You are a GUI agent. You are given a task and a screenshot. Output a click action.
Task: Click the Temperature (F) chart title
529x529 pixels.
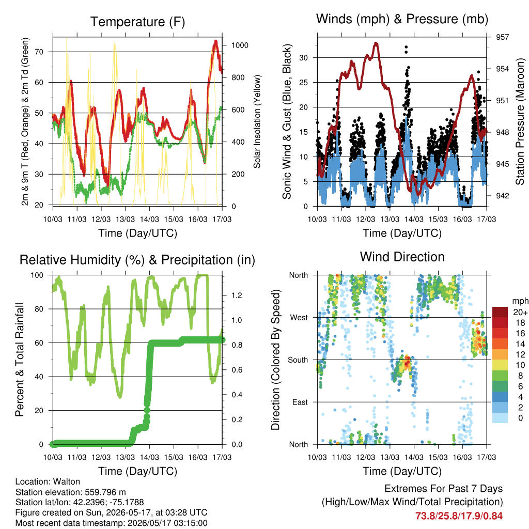(x=137, y=22)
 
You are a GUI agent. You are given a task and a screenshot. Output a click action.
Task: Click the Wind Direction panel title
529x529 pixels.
(x=402, y=257)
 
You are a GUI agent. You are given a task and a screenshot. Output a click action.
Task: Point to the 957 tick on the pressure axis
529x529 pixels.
(x=502, y=37)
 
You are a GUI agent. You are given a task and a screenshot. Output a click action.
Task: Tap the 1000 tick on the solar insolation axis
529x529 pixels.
(x=240, y=45)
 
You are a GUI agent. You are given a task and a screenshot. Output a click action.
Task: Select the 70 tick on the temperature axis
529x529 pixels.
(x=39, y=52)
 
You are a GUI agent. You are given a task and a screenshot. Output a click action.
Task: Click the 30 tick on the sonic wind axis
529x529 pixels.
(x=303, y=58)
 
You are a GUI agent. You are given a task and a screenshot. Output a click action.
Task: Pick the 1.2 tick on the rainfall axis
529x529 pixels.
(x=237, y=295)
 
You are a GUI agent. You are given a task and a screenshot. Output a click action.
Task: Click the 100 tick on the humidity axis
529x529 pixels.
(x=37, y=275)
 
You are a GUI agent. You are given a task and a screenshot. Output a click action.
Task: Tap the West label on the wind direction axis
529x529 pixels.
(x=299, y=318)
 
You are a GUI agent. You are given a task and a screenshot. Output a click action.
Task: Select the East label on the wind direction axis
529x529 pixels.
(x=300, y=402)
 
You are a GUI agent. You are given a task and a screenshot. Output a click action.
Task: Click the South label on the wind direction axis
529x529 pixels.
(x=298, y=360)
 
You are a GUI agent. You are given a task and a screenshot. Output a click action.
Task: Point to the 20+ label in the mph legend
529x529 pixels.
(x=520, y=312)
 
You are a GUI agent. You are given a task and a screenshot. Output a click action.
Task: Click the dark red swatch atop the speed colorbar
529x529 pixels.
(x=500, y=312)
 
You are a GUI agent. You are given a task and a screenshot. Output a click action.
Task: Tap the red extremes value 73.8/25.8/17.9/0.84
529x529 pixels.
(x=459, y=516)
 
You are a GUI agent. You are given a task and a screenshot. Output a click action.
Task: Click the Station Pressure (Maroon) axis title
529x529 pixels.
(x=520, y=121)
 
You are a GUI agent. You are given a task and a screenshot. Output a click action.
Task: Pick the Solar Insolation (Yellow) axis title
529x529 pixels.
(x=257, y=121)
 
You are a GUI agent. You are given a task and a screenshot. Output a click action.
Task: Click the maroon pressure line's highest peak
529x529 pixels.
(x=376, y=43)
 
